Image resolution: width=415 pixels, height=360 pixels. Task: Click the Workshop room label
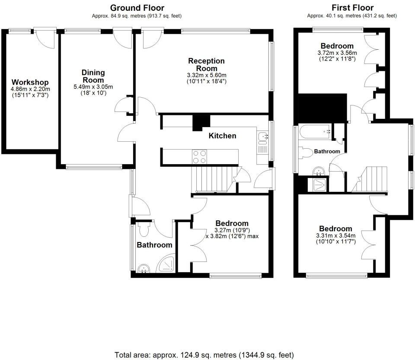click(x=30, y=82)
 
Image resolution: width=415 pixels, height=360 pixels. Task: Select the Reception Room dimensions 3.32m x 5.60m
click(x=207, y=75)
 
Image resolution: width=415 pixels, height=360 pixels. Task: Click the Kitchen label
click(x=222, y=136)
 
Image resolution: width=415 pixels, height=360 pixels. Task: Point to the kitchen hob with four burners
click(x=199, y=156)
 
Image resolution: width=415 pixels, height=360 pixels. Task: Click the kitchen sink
click(x=262, y=137)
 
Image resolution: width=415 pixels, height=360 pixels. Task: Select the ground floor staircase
click(x=210, y=179)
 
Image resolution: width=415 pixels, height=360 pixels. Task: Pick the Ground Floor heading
click(x=137, y=8)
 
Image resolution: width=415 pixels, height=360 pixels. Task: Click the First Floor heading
click(x=352, y=8)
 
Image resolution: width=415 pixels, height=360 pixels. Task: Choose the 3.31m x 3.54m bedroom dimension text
click(x=335, y=236)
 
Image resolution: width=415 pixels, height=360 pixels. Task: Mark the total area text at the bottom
click(x=204, y=355)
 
